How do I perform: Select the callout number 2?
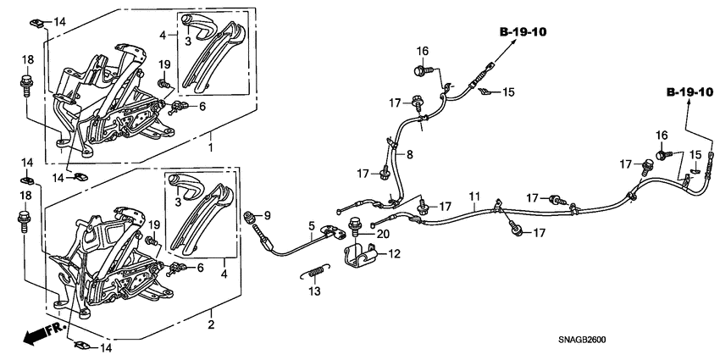click(211, 325)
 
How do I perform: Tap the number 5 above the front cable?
click(311, 226)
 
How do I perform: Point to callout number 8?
click(409, 155)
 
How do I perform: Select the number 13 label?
click(314, 290)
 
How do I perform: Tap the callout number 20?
click(383, 234)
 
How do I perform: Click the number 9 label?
click(267, 213)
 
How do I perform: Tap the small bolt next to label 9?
click(251, 218)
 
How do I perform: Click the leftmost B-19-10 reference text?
click(522, 32)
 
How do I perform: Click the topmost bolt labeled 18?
click(25, 84)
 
